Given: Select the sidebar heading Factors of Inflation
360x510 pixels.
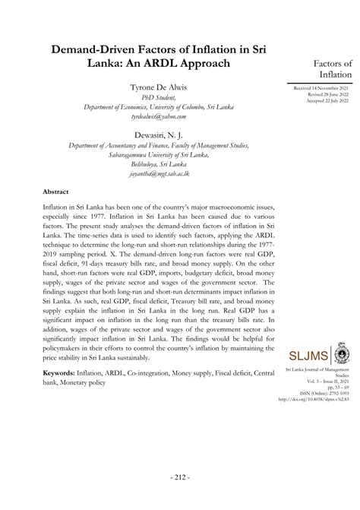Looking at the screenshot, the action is (x=327, y=69).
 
